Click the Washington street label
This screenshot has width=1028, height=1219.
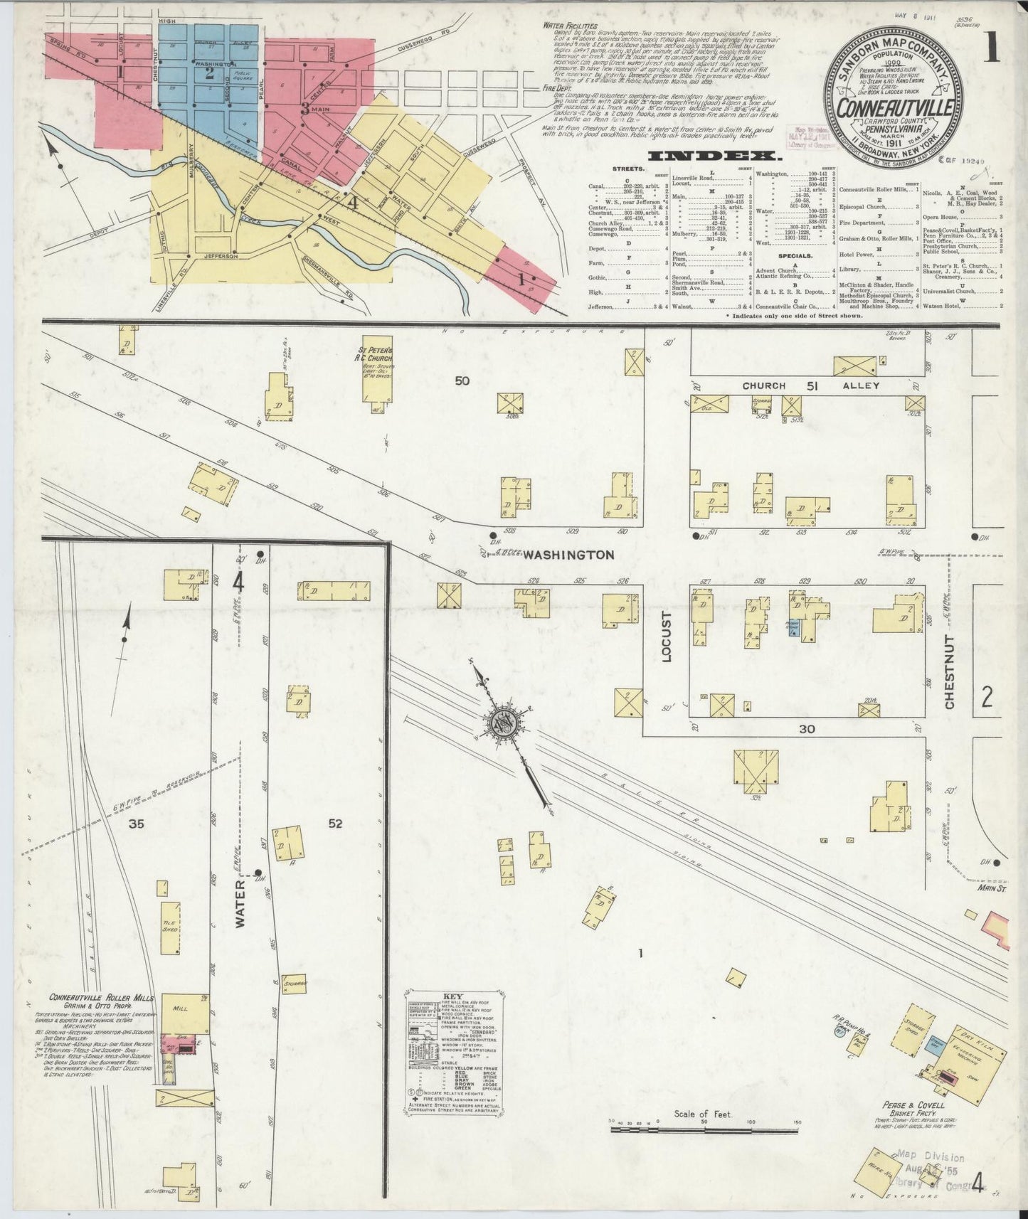[568, 555]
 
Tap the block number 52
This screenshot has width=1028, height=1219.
[336, 824]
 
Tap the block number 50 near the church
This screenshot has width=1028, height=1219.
[462, 380]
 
